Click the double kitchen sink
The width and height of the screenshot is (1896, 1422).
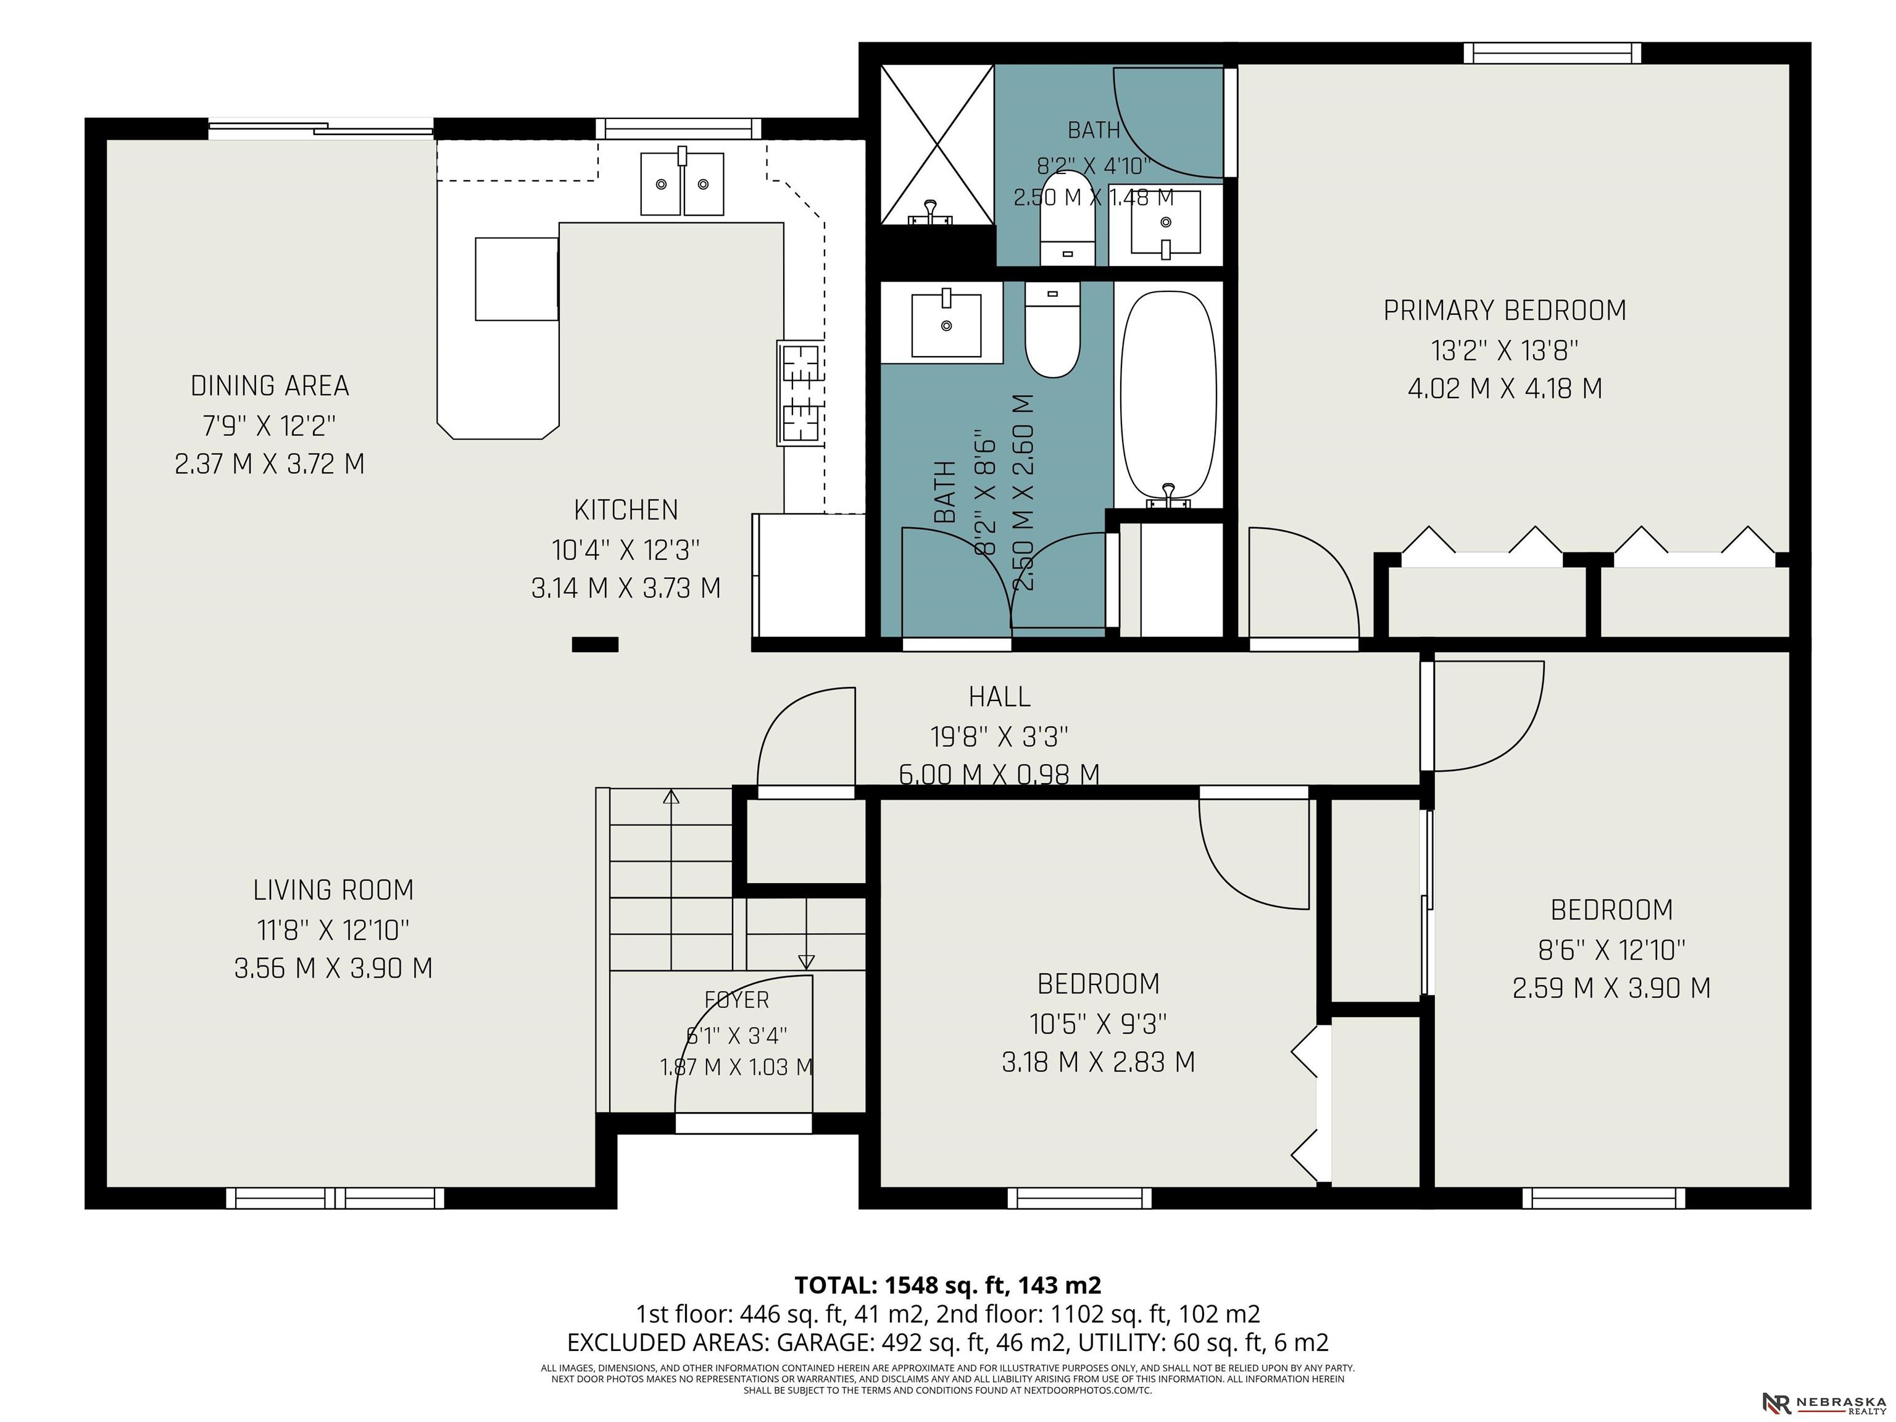[x=682, y=183]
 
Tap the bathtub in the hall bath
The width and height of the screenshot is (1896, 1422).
[x=1168, y=399]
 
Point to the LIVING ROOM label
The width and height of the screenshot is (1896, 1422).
[x=333, y=891]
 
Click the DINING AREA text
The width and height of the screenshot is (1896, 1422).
[x=270, y=386]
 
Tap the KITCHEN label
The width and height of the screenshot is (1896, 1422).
[x=626, y=510]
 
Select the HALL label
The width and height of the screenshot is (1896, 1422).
[x=999, y=697]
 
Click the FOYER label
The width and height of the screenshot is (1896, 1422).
[x=736, y=1000]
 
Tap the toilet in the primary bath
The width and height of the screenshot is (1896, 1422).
[x=1067, y=220]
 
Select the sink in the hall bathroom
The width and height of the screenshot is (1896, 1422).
[x=946, y=324]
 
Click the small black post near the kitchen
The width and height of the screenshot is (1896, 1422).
[x=595, y=644]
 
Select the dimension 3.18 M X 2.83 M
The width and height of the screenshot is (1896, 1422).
[x=1098, y=1062]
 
